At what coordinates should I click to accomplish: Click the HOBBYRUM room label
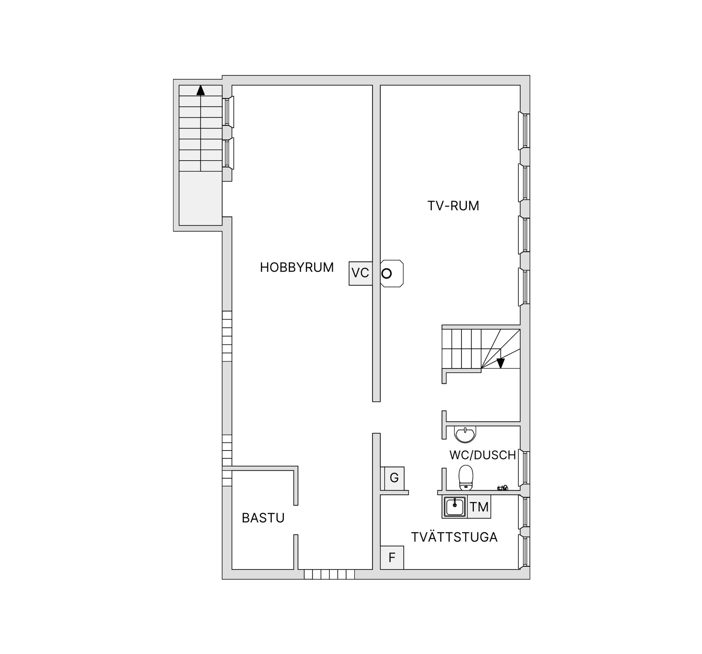point(297,268)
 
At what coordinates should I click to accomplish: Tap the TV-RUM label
point(453,206)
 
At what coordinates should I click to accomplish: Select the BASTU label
point(263,518)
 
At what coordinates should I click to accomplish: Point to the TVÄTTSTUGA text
point(454,537)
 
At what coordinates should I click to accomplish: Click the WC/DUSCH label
point(482,455)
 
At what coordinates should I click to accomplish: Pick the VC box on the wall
point(361,273)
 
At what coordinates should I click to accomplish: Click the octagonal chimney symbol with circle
point(392,273)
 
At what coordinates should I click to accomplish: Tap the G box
point(394,478)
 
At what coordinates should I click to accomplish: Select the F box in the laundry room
point(392,557)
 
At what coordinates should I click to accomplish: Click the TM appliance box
point(479,507)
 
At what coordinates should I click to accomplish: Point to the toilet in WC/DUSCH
point(466,478)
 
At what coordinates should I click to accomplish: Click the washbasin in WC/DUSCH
point(465,434)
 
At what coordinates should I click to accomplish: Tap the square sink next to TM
point(454,507)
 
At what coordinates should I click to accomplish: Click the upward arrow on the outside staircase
point(200,90)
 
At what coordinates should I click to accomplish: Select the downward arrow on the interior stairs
point(501,363)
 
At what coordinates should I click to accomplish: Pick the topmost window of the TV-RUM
point(524,131)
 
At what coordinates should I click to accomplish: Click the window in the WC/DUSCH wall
point(525,468)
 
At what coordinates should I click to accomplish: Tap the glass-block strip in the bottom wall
point(329,574)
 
